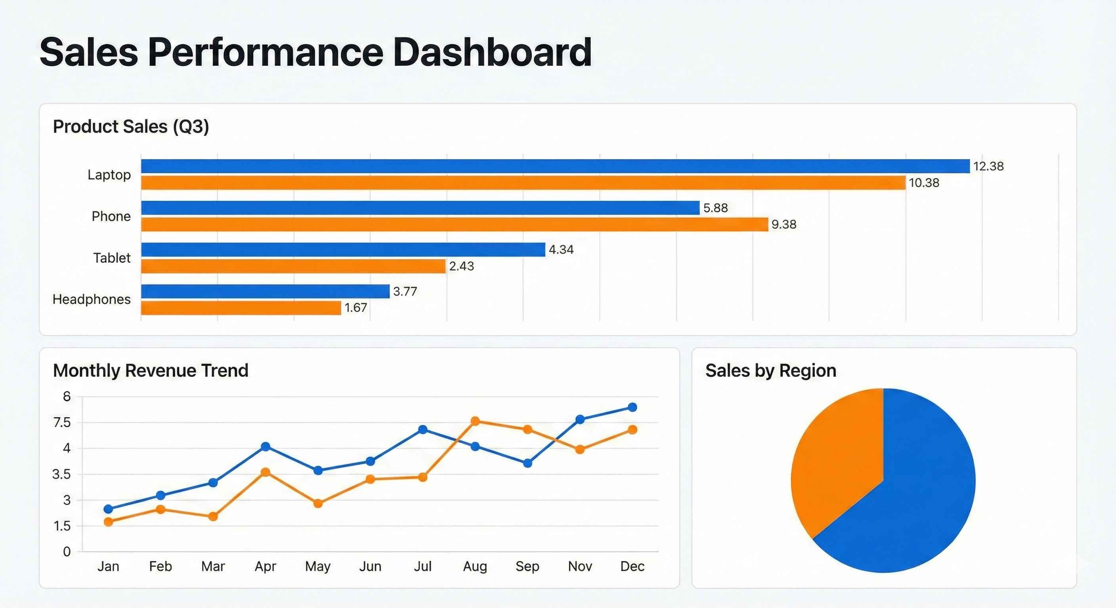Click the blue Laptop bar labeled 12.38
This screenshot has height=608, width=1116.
(x=554, y=166)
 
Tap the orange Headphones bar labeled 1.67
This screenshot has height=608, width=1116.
(x=241, y=308)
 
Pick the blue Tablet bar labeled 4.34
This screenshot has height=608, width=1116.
(x=343, y=249)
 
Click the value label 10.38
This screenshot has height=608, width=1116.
(x=924, y=182)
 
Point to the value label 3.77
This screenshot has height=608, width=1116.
(x=405, y=291)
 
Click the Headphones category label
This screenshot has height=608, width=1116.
(x=92, y=299)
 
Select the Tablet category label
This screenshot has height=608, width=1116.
(x=112, y=258)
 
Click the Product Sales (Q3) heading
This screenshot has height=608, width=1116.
(x=131, y=127)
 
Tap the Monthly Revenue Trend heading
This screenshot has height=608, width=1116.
(x=150, y=370)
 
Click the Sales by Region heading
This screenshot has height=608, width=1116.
(x=770, y=370)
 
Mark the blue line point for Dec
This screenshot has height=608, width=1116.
(x=632, y=407)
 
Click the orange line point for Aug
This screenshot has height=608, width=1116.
(x=475, y=421)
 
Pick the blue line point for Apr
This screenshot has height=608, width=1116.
(x=266, y=446)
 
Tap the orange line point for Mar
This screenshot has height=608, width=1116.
(x=213, y=516)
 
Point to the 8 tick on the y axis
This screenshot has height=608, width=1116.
(x=67, y=396)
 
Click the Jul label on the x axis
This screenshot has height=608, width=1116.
(x=422, y=566)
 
